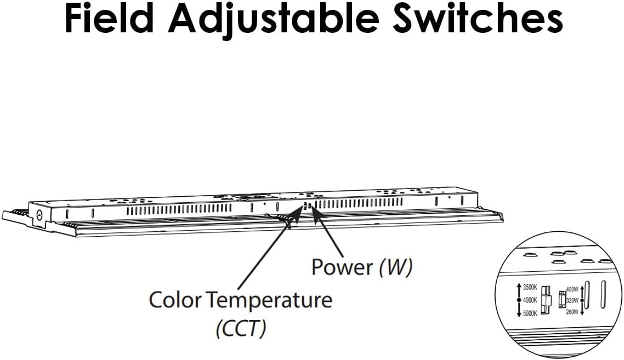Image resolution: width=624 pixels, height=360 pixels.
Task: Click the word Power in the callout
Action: coord(342,267)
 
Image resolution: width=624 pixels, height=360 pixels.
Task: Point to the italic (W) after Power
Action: coord(395,267)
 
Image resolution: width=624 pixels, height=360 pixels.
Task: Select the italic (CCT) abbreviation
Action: coord(241,329)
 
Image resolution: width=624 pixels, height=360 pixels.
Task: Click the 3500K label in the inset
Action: coord(530,287)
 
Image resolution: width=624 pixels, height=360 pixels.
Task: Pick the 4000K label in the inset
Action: coord(530,300)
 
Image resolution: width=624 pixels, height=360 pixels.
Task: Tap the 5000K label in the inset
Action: coord(530,313)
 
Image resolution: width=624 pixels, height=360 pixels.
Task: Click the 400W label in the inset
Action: coord(572,289)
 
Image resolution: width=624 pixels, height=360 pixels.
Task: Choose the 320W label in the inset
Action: coord(572,300)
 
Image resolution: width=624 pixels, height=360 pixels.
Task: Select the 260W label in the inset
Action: coord(572,312)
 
